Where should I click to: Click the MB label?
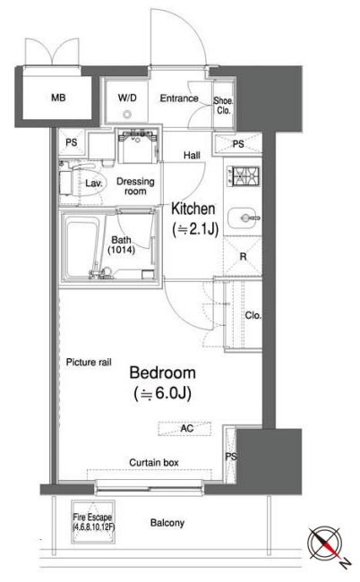[58, 98]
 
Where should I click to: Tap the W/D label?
[127, 98]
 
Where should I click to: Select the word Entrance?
[179, 98]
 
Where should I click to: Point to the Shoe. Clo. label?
[223, 106]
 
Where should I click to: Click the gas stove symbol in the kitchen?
[244, 175]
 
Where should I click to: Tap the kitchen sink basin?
[244, 218]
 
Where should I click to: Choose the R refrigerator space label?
[243, 256]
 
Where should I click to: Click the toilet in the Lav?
[81, 183]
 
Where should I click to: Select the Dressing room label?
[135, 186]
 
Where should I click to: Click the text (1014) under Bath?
[122, 250]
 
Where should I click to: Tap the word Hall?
[192, 156]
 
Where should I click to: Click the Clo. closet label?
[253, 315]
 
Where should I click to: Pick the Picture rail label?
[89, 363]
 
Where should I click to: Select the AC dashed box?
[184, 428]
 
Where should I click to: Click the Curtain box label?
[154, 463]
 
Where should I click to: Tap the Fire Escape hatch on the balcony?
[93, 521]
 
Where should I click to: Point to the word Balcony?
[167, 523]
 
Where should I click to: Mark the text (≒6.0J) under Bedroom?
[163, 393]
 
